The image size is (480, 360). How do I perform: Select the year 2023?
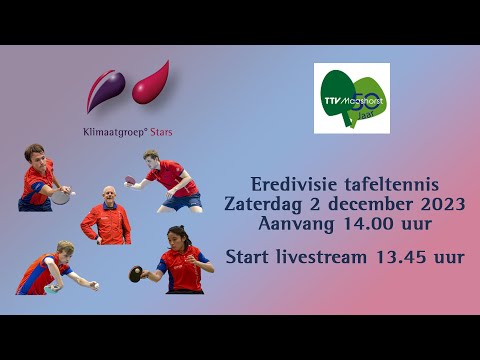(x=436, y=203)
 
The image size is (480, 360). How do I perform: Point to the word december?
(x=364, y=203)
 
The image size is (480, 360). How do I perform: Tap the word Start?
(x=250, y=257)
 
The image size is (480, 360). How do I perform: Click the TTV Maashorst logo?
(x=351, y=98)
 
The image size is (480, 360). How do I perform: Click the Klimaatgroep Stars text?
(x=127, y=130)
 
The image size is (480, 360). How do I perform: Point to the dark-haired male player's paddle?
(x=61, y=197)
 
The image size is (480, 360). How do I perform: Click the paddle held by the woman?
(x=135, y=272)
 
